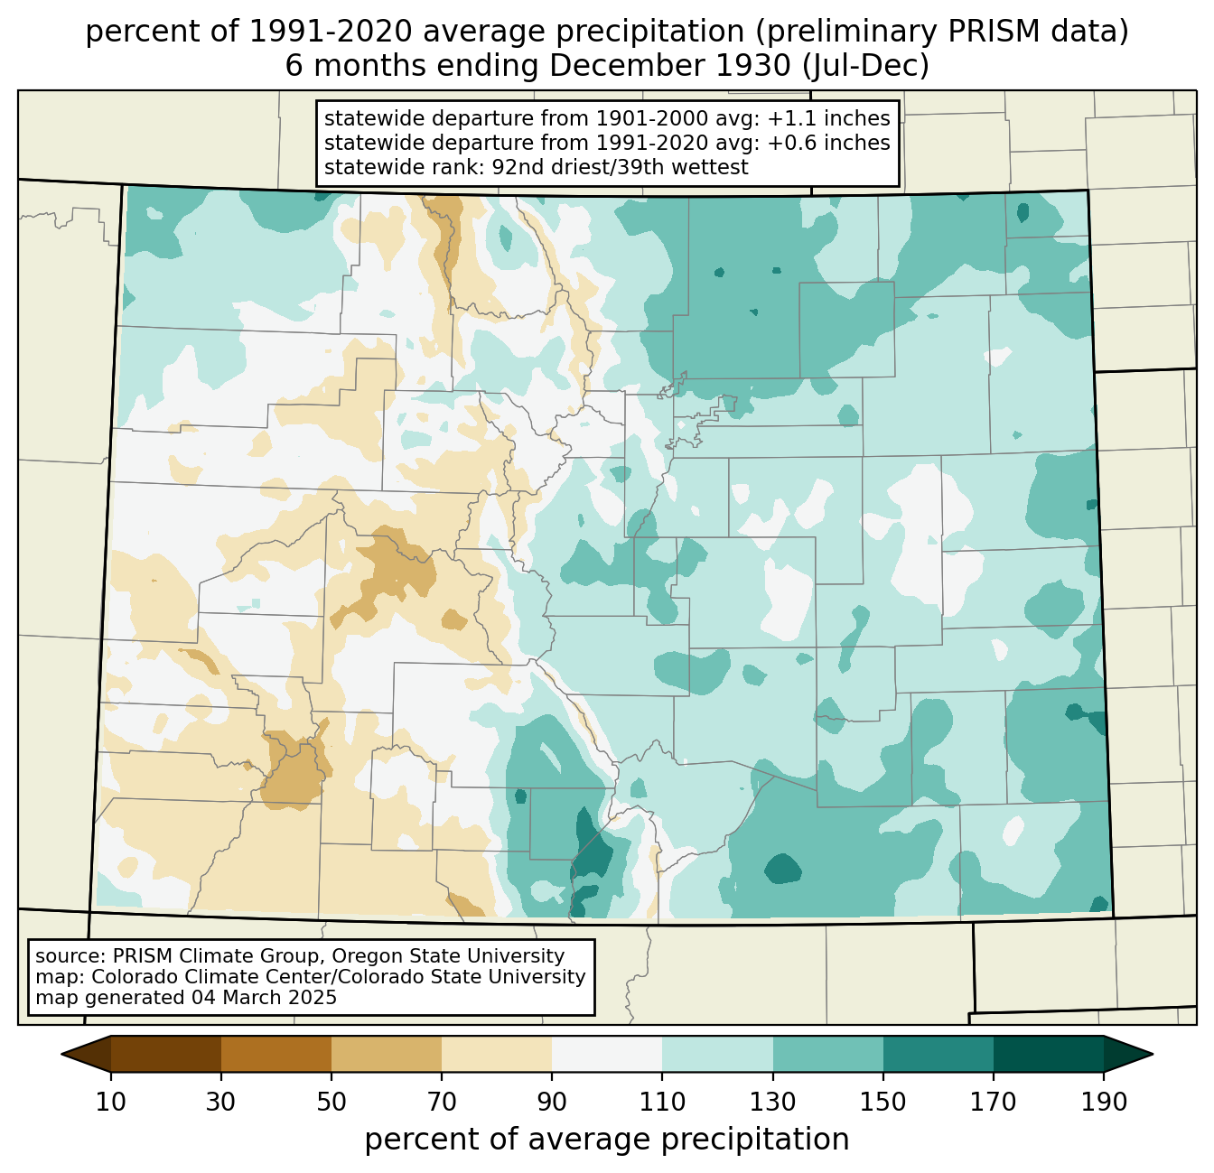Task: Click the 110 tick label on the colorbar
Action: [662, 1102]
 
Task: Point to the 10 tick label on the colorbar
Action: [110, 1102]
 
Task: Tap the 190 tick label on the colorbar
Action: [1104, 1102]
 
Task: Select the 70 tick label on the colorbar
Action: [442, 1102]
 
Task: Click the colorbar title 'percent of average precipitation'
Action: [607, 1140]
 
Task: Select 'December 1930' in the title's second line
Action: [670, 66]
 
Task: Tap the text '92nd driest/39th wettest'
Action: [621, 167]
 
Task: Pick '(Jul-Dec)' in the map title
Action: [866, 66]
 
